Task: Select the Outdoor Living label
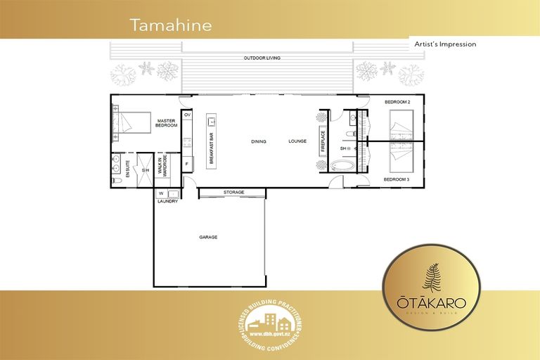click(262, 58)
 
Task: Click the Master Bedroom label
click(166, 123)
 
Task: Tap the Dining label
click(259, 141)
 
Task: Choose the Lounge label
click(297, 141)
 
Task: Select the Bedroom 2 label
click(397, 103)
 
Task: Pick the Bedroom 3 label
click(396, 179)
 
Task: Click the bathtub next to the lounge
click(344, 167)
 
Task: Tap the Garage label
click(208, 237)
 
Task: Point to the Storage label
click(233, 192)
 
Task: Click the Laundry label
click(167, 202)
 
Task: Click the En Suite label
click(127, 169)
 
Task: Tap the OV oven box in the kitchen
click(187, 114)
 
